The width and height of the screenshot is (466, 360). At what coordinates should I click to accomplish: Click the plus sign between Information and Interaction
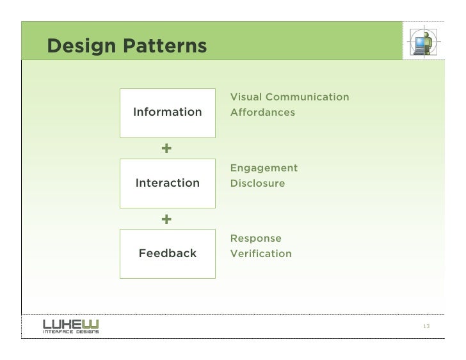pos(166,148)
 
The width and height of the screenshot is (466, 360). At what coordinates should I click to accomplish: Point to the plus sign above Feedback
pos(166,219)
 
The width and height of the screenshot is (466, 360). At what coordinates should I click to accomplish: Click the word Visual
pos(246,97)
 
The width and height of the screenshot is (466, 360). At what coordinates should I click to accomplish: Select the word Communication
pos(307,97)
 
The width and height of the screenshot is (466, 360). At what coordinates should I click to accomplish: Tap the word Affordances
pos(262,113)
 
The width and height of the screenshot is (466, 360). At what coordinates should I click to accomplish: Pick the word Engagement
pos(264,168)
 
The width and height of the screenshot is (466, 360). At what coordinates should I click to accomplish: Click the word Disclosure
pos(257,184)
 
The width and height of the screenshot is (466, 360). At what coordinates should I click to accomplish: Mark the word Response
pos(255,239)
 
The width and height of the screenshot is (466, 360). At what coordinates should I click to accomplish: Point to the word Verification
pos(261,254)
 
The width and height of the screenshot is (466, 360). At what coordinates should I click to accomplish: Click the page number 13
pos(426,327)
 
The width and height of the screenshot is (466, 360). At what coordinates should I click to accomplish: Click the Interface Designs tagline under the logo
pos(70,331)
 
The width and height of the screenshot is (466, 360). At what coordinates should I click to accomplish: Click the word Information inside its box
pos(167,113)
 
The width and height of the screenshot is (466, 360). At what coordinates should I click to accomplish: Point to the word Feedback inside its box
pos(168,253)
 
